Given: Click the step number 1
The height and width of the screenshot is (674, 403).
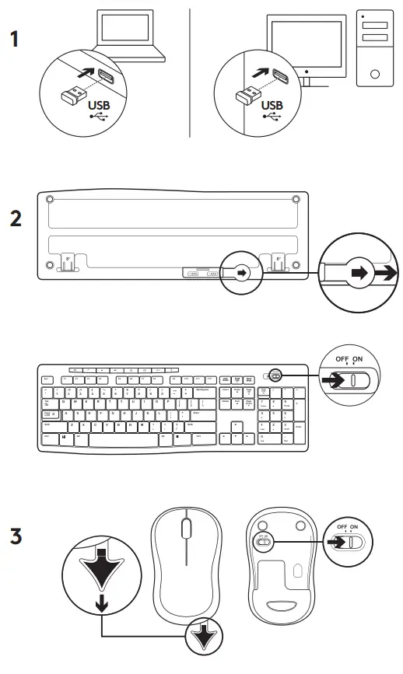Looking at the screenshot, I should coord(16,40).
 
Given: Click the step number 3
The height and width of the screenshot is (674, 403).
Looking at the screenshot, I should coord(16,536).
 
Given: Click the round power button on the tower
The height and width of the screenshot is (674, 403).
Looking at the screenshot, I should coord(374,75).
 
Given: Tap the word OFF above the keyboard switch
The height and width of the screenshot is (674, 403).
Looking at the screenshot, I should coord(341,359).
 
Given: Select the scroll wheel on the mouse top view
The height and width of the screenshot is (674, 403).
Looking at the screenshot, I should coord(185,529).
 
